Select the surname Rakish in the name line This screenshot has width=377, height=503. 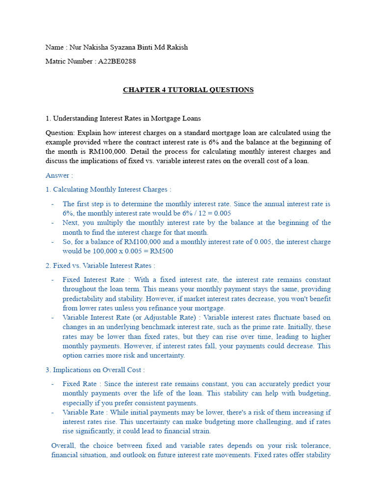[177, 47]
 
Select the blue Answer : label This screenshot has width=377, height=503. [59, 175]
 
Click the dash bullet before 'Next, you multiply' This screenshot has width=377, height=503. [53, 223]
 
